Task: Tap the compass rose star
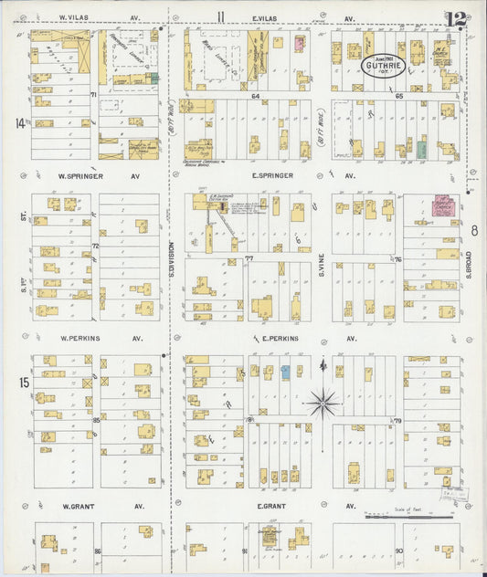[x=324, y=401]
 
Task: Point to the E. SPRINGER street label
[x=273, y=175]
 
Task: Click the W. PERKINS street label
[x=79, y=338]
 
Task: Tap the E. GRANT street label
[x=273, y=505]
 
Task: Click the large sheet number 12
[x=455, y=18]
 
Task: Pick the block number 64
[x=257, y=95]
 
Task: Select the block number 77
[x=248, y=260]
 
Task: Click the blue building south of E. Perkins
[x=286, y=372]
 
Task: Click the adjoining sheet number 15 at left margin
[x=22, y=382]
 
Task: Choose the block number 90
[x=398, y=551]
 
